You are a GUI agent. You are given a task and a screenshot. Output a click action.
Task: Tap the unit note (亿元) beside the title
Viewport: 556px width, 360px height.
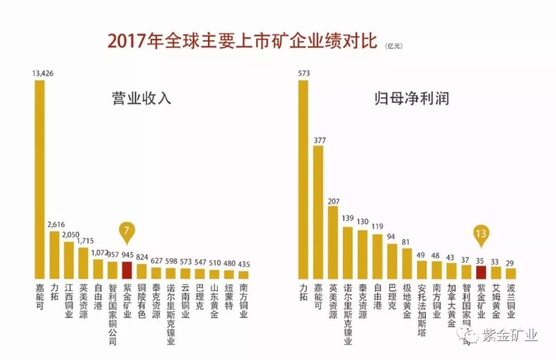(395, 47)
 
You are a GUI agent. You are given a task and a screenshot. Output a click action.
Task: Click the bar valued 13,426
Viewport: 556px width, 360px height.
(40, 179)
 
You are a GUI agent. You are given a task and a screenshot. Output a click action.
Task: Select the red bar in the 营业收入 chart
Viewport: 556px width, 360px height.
(127, 270)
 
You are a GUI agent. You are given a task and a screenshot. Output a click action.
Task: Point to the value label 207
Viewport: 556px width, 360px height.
(333, 200)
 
